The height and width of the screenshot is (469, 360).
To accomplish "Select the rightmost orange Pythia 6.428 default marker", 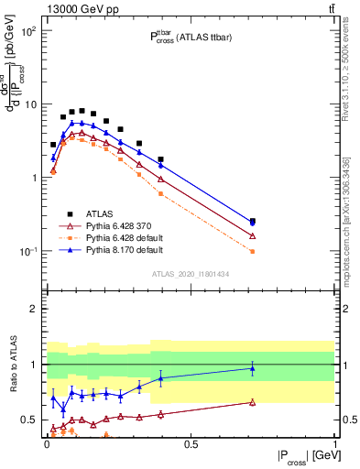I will tap(253, 251).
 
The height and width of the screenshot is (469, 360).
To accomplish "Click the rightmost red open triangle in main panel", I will tap(253, 236).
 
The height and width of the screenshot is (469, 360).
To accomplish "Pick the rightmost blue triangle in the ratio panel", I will tap(253, 368).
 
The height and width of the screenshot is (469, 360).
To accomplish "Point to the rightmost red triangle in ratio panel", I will tap(253, 402).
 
